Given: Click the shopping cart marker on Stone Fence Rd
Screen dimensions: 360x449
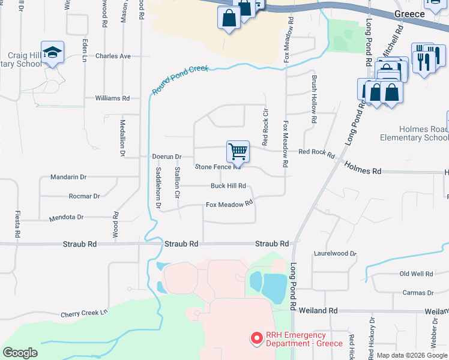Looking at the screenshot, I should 238,151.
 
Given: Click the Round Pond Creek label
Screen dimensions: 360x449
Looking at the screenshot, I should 180,80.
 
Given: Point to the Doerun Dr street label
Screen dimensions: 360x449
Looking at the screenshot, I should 167,156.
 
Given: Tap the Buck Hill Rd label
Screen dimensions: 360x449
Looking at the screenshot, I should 228,186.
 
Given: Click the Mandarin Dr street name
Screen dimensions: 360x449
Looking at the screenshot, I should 69,177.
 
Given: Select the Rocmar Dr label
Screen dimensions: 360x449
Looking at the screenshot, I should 84,196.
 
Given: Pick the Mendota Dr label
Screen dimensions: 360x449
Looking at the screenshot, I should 66,217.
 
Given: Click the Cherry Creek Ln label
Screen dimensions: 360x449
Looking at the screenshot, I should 85,313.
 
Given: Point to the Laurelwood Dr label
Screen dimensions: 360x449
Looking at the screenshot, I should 335,254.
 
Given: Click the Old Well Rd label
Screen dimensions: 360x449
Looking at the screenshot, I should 416,274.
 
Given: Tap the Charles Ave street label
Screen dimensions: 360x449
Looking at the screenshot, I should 113,56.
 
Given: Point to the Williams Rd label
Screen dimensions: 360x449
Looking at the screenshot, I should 112,98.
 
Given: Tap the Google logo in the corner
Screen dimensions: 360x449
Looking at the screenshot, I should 20,353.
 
